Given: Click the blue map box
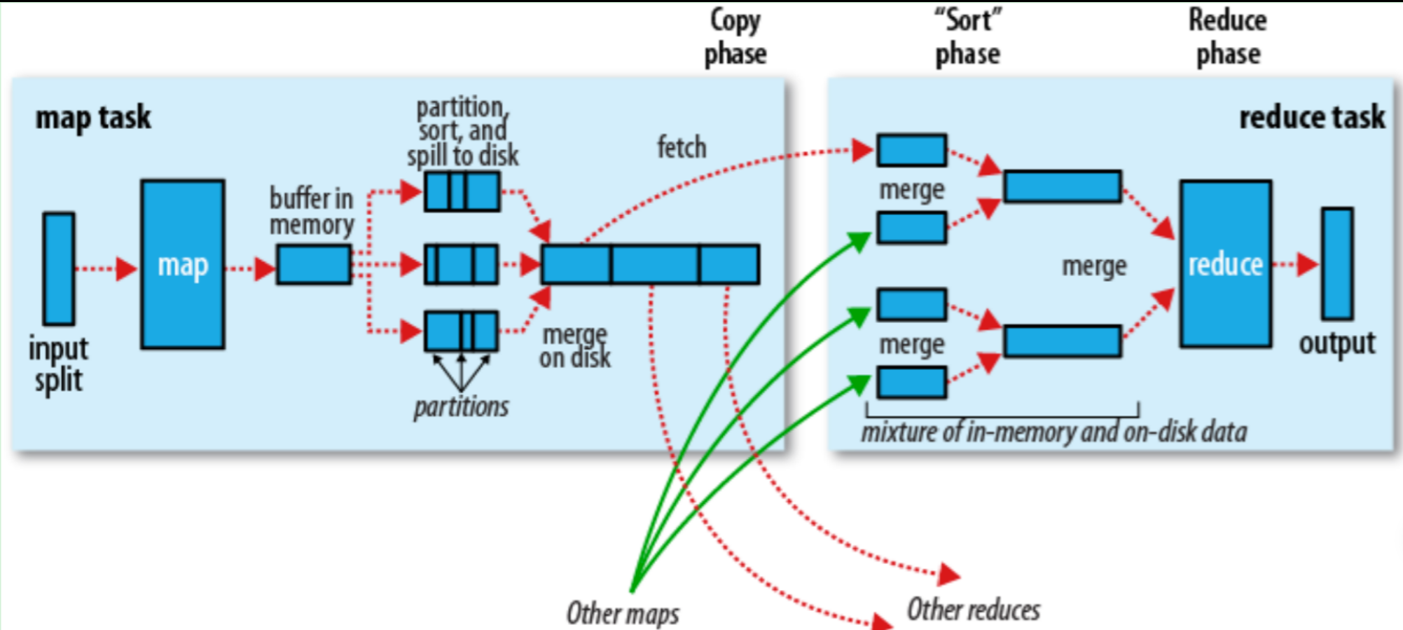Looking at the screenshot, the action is pyautogui.click(x=183, y=264).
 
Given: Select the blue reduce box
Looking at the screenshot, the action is pyautogui.click(x=1225, y=263).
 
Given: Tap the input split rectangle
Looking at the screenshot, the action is pyautogui.click(x=59, y=269).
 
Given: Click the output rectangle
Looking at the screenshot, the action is pyautogui.click(x=1337, y=263).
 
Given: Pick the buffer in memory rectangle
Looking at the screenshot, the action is pyautogui.click(x=314, y=264).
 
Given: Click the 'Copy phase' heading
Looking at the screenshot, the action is pyautogui.click(x=735, y=37).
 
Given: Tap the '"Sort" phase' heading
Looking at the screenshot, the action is pyautogui.click(x=968, y=37).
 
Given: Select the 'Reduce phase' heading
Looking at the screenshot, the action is pyautogui.click(x=1228, y=37).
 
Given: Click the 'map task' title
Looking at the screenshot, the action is pyautogui.click(x=93, y=117).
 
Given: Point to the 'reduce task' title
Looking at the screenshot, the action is pyautogui.click(x=1312, y=117).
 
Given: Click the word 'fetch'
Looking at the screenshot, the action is pyautogui.click(x=682, y=148).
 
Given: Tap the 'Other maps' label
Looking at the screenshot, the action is pyautogui.click(x=623, y=613).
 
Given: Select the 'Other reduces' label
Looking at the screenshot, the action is pyautogui.click(x=974, y=610).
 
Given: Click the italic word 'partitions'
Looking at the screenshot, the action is pyautogui.click(x=461, y=406).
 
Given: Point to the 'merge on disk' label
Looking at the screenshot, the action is pyautogui.click(x=575, y=346).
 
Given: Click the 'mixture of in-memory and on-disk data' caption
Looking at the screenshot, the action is pyautogui.click(x=1054, y=432).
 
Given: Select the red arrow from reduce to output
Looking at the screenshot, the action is pyautogui.click(x=1296, y=264).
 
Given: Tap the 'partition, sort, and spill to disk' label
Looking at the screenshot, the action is pyautogui.click(x=463, y=132).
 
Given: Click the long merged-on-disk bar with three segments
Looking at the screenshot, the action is pyautogui.click(x=650, y=264).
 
